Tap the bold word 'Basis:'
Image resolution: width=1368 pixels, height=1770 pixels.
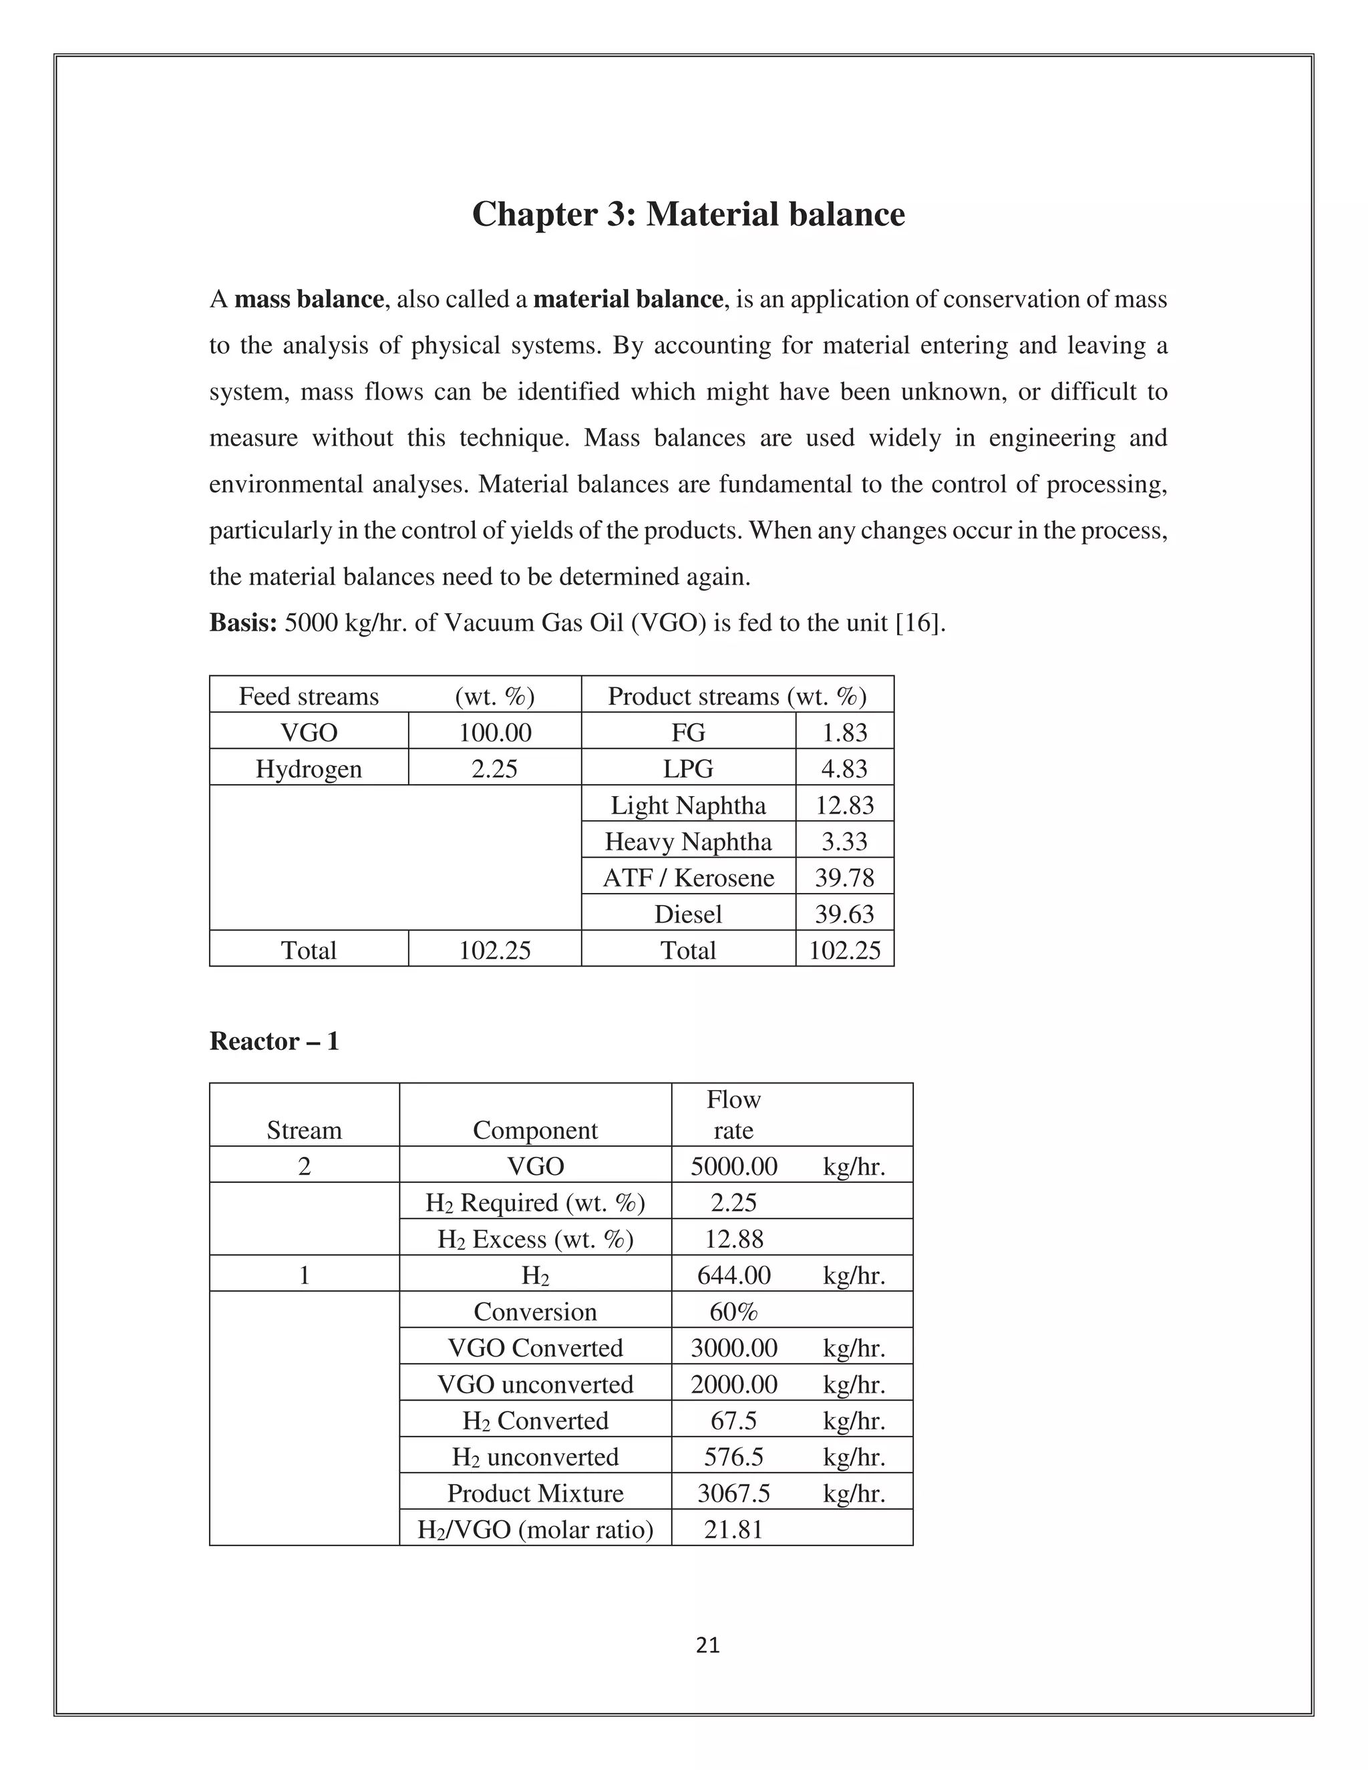243,623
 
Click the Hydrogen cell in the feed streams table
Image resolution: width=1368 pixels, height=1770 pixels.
309,768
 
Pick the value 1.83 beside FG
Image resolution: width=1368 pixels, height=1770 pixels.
844,733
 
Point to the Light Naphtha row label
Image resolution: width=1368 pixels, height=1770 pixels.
688,806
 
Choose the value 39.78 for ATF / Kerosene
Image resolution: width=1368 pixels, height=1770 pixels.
844,878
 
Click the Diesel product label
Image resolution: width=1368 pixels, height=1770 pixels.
688,914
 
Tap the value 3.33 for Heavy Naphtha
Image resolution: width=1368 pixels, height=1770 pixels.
844,841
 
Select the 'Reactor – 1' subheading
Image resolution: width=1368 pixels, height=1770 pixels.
274,1041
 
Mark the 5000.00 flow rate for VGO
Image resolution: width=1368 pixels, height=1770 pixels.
733,1167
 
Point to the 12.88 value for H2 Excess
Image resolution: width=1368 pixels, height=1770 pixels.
733,1239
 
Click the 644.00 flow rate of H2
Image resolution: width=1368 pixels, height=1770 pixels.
733,1276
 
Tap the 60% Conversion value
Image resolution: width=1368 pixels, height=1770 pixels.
733,1312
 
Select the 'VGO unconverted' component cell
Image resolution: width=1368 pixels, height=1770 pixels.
535,1384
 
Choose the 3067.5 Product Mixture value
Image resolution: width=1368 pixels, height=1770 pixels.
733,1493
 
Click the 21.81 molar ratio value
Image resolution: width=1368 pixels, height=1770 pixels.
733,1530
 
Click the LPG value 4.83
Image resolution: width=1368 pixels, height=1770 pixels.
844,768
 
